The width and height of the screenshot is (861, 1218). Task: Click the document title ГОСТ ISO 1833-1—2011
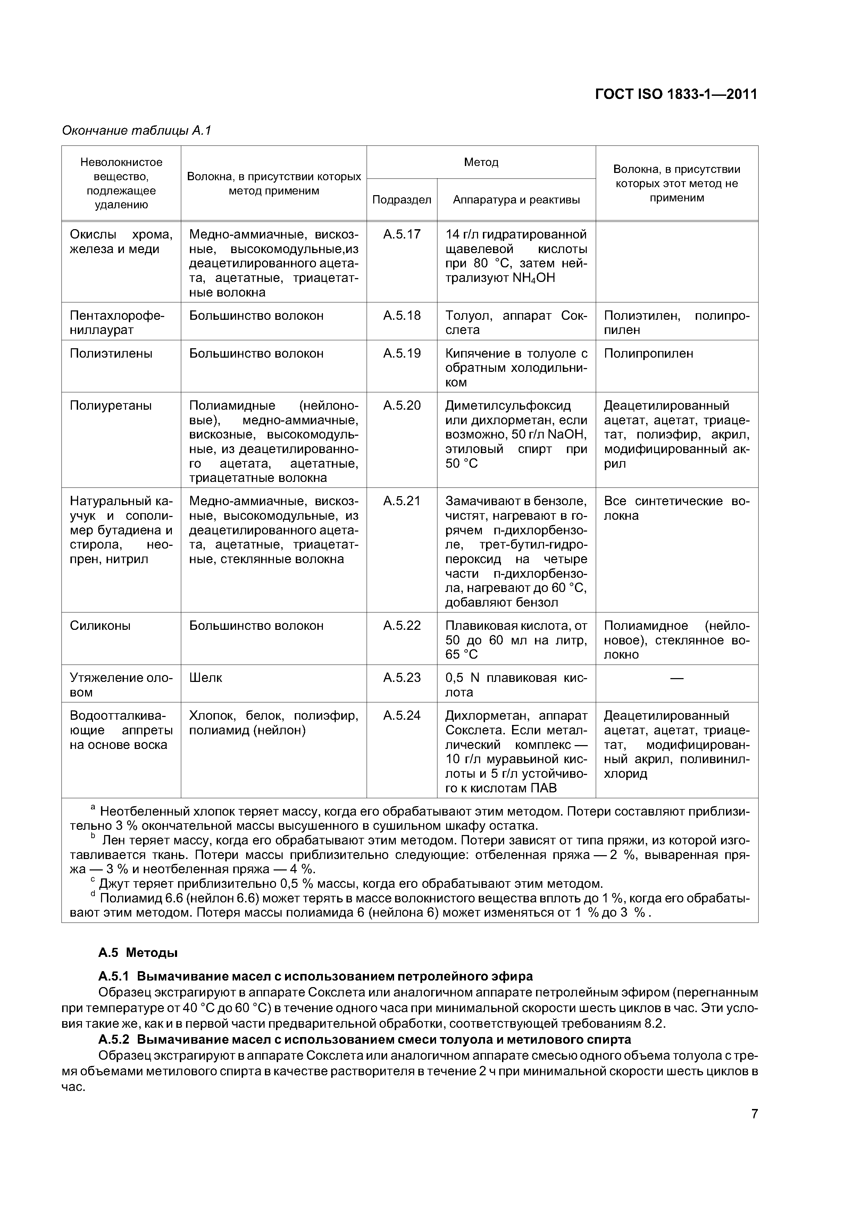point(676,94)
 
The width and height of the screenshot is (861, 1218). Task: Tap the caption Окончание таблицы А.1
point(136,131)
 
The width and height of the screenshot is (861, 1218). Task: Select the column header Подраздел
point(402,200)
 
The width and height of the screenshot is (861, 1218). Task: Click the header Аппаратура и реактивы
point(516,200)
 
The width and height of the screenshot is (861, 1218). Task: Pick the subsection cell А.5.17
point(402,234)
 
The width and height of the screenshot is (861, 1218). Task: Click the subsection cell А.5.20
point(402,406)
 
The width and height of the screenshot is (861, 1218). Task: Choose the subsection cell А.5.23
point(402,678)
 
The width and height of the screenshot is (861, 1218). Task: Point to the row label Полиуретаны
point(111,406)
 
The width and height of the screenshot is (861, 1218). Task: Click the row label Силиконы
point(100,626)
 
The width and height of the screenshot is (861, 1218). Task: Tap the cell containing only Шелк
point(206,678)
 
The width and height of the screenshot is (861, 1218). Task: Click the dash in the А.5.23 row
point(677,678)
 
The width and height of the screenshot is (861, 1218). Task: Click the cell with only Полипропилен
point(648,354)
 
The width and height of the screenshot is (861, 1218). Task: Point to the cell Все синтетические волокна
point(676,509)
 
